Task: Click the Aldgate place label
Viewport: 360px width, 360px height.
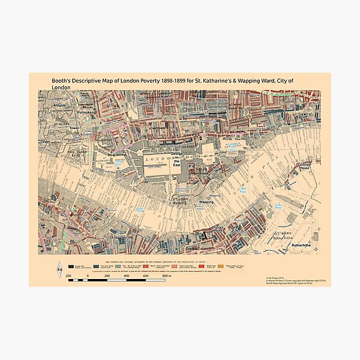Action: [47, 104]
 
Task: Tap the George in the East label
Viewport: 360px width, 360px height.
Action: [177, 158]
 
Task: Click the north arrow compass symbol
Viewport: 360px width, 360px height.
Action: [59, 269]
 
